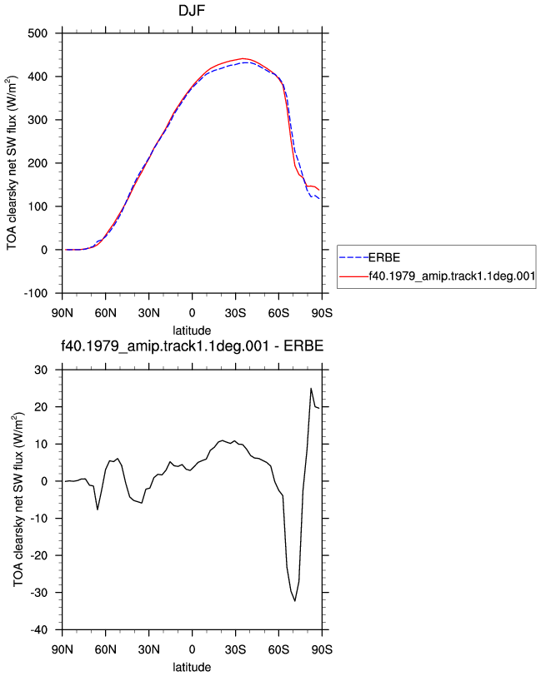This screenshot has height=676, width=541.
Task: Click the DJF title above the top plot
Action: (x=192, y=10)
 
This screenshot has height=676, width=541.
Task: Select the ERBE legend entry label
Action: (x=384, y=258)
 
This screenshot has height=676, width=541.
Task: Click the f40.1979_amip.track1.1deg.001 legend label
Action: (x=452, y=276)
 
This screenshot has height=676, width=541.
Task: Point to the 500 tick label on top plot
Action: (x=38, y=33)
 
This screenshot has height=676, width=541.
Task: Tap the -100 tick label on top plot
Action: (x=36, y=293)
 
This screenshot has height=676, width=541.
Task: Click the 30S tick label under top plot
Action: (x=235, y=313)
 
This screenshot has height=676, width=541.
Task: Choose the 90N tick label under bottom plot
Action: (x=63, y=649)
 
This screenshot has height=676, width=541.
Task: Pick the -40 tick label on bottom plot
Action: (x=39, y=630)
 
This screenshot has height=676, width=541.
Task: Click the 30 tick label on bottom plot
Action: (x=42, y=370)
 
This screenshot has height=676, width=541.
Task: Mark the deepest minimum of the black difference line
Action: (x=295, y=600)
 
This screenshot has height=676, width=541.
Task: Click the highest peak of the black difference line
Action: (x=311, y=389)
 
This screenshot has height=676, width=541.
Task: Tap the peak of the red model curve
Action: (x=243, y=58)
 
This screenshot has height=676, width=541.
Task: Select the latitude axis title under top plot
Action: (x=192, y=331)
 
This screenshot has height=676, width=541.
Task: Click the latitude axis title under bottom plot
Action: (x=192, y=667)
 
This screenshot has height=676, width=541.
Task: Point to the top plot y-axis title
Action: (x=12, y=163)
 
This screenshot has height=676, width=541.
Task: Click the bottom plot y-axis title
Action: (x=18, y=500)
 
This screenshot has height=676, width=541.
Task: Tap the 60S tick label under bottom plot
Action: (x=278, y=649)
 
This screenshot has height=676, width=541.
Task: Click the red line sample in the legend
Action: (x=353, y=276)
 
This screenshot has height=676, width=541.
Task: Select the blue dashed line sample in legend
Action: (x=353, y=258)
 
